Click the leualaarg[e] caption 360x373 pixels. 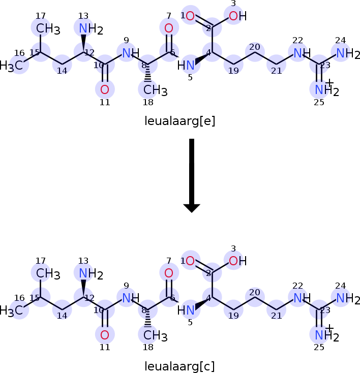180,121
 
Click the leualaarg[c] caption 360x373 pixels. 180,366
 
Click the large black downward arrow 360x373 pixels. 192,175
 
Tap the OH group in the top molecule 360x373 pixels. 237,16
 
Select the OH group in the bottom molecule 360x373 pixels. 237,261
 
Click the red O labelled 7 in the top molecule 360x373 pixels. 169,28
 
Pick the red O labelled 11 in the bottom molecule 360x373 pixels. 105,335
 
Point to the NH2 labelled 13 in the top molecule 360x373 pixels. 91,29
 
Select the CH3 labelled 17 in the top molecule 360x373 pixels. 48,29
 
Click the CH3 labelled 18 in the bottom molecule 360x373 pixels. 156,335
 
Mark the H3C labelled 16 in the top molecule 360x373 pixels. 11,66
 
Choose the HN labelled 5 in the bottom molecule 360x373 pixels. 186,310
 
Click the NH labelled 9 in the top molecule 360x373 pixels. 131,53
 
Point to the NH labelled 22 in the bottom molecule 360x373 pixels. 302,298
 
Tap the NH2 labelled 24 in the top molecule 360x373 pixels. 348,53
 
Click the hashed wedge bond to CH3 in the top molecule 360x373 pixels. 148,73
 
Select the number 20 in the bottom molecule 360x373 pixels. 255,292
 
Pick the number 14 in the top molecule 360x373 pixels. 62,71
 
